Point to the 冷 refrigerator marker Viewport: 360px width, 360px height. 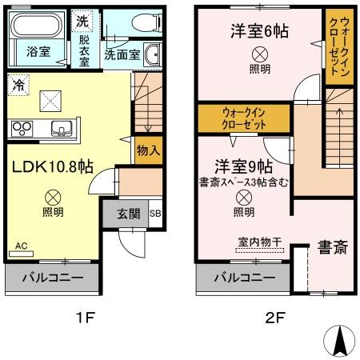coord(17,82)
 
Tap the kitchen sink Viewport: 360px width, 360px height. coord(61,127)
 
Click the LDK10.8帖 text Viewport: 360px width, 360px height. coord(53,167)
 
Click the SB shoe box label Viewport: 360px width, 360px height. coord(155,214)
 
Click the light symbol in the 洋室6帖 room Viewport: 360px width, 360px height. coord(260,54)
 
